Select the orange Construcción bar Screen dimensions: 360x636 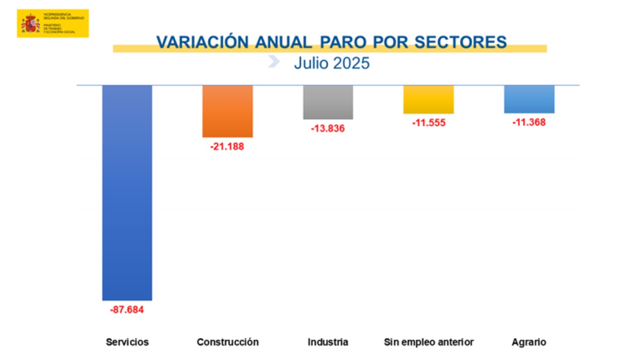click(227, 111)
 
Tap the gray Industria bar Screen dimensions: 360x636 click(328, 102)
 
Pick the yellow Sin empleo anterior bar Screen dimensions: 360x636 click(428, 99)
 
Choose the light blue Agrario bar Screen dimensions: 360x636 click(529, 99)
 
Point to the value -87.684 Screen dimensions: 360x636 click(127, 309)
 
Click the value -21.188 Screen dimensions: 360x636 click(227, 147)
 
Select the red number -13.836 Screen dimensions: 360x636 click(328, 128)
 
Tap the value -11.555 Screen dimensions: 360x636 click(428, 123)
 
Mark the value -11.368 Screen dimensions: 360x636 click(529, 122)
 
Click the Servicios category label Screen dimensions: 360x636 click(127, 342)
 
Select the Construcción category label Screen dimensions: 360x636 click(227, 342)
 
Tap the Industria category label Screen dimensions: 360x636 click(328, 342)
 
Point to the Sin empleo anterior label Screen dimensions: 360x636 click(428, 342)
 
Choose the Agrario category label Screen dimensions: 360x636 click(529, 342)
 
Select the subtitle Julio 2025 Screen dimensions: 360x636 click(332, 64)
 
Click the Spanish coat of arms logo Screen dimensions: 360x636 click(31, 23)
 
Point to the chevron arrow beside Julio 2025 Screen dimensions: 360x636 click(274, 62)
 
